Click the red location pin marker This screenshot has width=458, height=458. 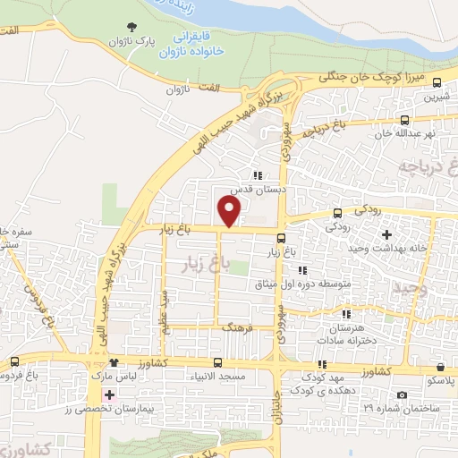coord(230,211)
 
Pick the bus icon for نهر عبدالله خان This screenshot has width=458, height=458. coord(405,119)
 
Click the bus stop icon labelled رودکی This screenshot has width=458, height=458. coord(337,213)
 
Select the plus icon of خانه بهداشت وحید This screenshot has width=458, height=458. coord(386,235)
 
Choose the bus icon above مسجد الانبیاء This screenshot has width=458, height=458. coord(218,362)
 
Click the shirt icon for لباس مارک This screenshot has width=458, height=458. coord(114,362)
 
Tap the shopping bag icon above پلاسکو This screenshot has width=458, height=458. coord(442,366)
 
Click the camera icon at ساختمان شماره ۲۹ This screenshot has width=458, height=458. coord(402,395)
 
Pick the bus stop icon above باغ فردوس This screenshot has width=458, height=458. coord(13,362)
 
